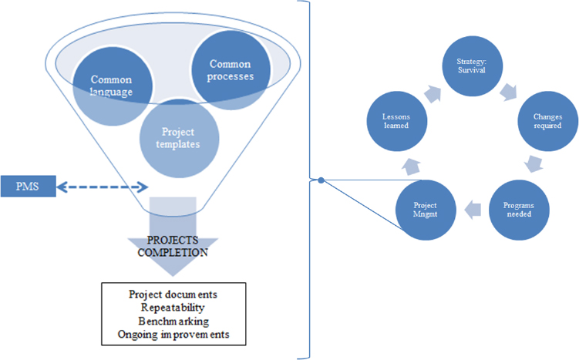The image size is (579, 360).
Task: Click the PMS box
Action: pos(28,186)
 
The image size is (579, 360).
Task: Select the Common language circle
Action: pos(113,86)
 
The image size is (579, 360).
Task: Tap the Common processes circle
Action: pos(231,70)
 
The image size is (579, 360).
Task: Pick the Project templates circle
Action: pos(179,138)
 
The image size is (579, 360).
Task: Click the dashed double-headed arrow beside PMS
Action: pos(103,187)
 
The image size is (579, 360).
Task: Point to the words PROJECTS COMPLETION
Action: pos(173,246)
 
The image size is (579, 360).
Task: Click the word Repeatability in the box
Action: pos(173,308)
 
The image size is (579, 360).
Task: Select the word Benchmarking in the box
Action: pos(173,321)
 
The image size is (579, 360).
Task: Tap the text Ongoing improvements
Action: pos(173,335)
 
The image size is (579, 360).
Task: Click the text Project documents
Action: pos(173,294)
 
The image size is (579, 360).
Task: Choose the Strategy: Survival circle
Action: pos(473,66)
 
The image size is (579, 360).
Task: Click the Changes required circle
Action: pos(548,121)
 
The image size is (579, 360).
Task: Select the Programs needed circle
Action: pos(519,210)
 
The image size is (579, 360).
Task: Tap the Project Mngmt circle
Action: pos(426,210)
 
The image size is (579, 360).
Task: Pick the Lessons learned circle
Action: pos(397,121)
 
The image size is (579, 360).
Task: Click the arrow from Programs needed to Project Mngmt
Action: pos(473,210)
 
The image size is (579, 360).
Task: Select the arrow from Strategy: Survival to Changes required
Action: pos(509,93)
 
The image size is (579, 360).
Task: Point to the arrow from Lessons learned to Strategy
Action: pos(433,94)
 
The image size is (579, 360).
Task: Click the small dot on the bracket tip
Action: pos(321,180)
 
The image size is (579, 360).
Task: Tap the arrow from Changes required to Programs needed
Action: pos(534,164)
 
